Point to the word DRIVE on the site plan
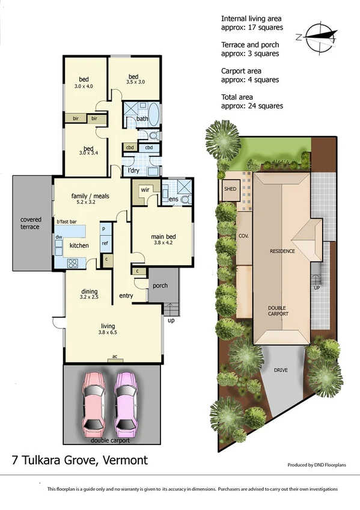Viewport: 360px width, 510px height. pyautogui.click(x=281, y=370)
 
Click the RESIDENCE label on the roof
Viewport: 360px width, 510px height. pyautogui.click(x=281, y=251)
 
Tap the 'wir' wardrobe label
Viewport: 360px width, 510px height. pyautogui.click(x=145, y=189)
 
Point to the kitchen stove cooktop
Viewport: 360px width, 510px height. pyautogui.click(x=73, y=262)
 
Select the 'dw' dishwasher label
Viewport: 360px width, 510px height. pyautogui.click(x=59, y=238)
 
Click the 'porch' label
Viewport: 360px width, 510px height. pyautogui.click(x=160, y=286)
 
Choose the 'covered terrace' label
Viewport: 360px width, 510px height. pyautogui.click(x=30, y=223)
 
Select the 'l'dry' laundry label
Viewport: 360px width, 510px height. pyautogui.click(x=133, y=171)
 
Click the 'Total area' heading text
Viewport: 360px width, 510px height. pyautogui.click(x=237, y=96)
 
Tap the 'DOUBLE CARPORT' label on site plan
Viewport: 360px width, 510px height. pyautogui.click(x=278, y=311)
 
